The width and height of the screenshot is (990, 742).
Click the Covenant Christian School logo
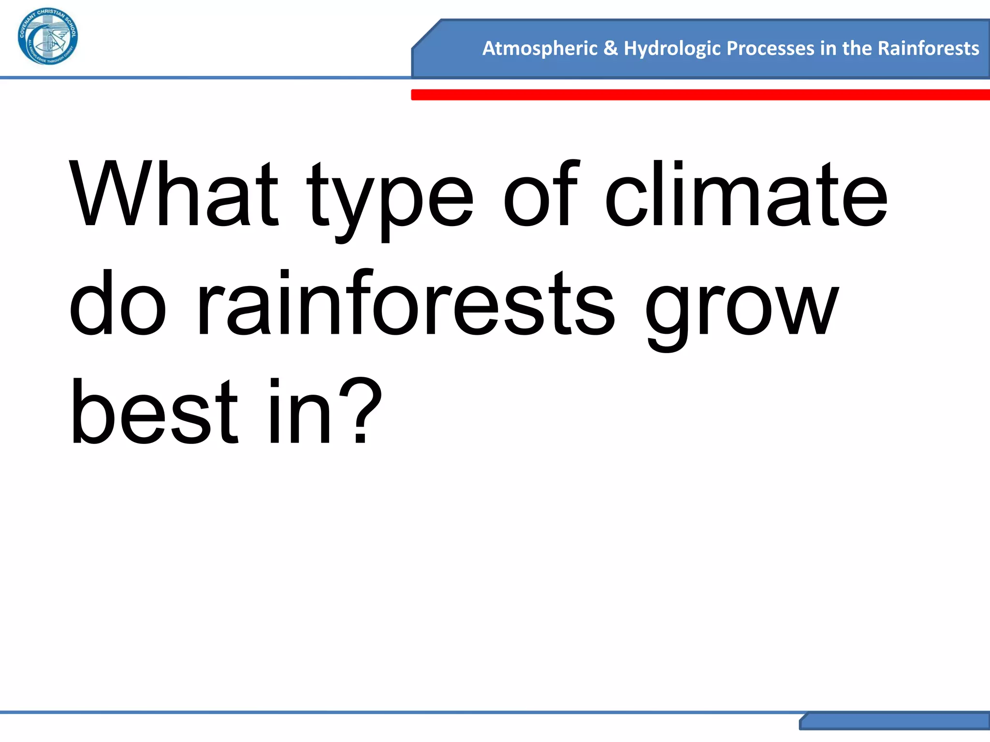click(x=47, y=37)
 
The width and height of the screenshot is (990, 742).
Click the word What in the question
click(x=174, y=193)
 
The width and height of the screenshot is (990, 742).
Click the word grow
click(x=742, y=309)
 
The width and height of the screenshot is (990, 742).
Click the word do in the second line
click(x=118, y=303)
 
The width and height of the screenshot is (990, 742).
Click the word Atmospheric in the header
click(x=540, y=48)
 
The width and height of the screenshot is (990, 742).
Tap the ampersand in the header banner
click(x=611, y=48)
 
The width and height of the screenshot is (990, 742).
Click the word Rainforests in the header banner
click(x=928, y=48)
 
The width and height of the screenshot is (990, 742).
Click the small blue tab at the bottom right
click(x=894, y=721)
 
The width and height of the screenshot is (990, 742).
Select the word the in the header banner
click(x=857, y=48)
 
